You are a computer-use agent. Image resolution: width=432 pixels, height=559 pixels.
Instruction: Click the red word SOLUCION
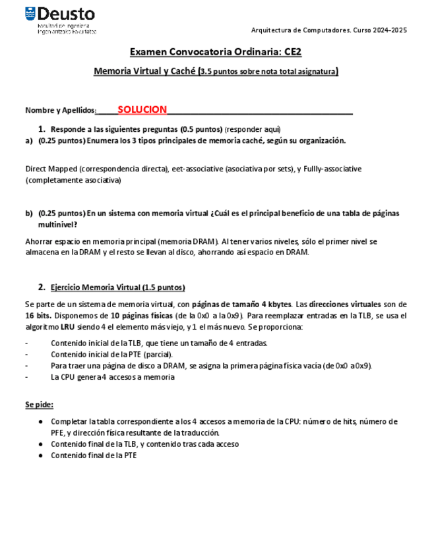point(142,109)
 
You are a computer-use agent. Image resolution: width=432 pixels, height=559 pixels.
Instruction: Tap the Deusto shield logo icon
point(30,14)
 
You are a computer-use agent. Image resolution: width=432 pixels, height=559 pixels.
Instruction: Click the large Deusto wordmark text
point(66,14)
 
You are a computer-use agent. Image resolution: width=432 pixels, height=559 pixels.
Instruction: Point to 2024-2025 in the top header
point(389,30)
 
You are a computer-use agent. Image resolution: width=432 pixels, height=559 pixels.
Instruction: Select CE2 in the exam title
point(293,51)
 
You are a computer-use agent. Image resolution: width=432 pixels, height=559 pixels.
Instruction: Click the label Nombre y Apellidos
point(61,110)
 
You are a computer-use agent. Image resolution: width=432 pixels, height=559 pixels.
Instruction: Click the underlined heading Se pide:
point(39,404)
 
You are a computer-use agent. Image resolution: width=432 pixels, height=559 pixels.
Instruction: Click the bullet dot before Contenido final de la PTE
point(41,455)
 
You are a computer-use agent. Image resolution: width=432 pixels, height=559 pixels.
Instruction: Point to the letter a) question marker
point(29,140)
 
